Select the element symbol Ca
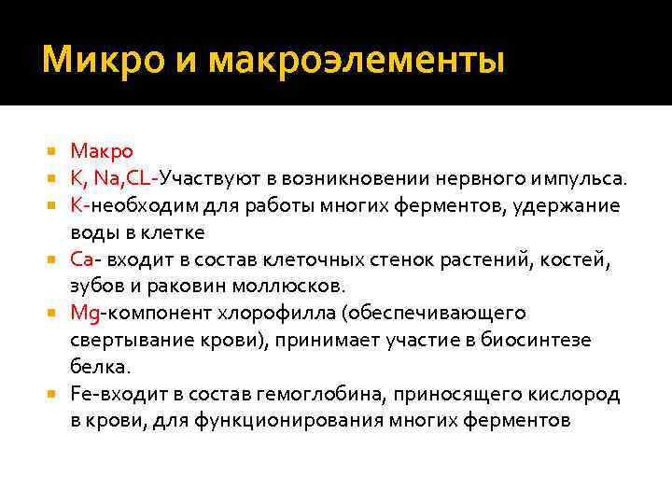pyautogui.click(x=80, y=259)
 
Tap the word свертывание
pyautogui.click(x=130, y=340)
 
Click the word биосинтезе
pyautogui.click(x=535, y=340)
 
